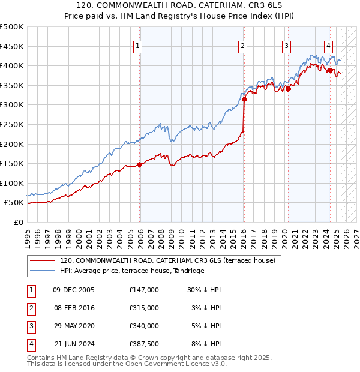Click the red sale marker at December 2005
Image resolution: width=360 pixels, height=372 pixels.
tap(140, 164)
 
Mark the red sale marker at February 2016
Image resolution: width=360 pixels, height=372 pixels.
tap(244, 100)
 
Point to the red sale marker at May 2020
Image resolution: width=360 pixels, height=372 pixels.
tap(288, 89)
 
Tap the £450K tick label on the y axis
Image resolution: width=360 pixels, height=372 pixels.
tap(12, 46)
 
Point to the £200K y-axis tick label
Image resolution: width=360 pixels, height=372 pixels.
tap(12, 144)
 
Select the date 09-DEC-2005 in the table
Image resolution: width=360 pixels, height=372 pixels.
tap(74, 290)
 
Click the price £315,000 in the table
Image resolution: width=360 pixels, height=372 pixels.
tap(144, 308)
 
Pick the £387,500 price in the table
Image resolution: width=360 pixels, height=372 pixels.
tap(144, 344)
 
